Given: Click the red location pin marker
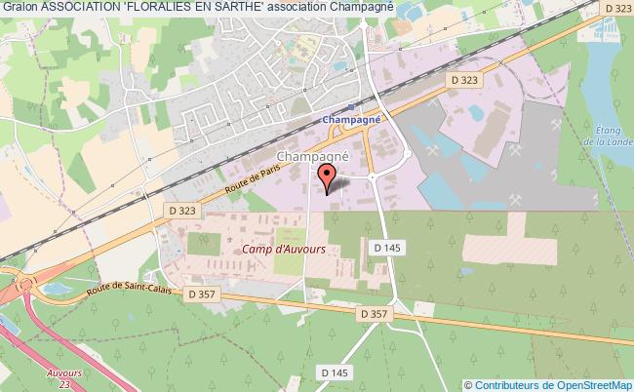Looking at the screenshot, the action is pos(328,177).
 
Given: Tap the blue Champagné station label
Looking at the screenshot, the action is pos(351,119).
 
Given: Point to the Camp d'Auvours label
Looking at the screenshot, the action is pos(285,250).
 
